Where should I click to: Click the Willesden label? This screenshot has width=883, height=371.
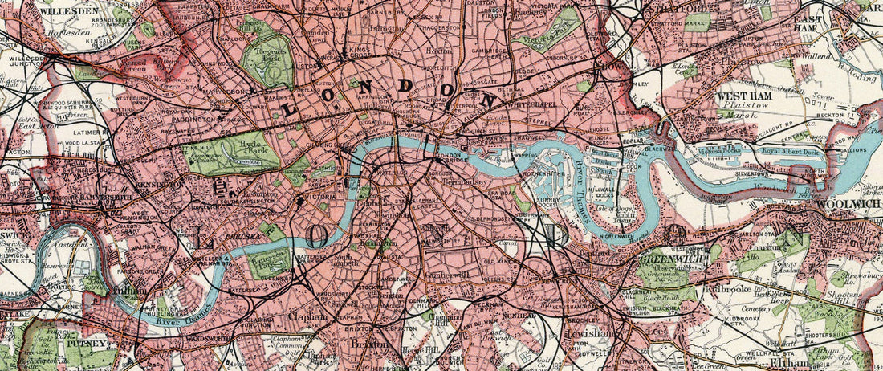coord(39,13)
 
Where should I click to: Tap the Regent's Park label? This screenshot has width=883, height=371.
coord(266,56)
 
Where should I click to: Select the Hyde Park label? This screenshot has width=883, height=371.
coord(214,149)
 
